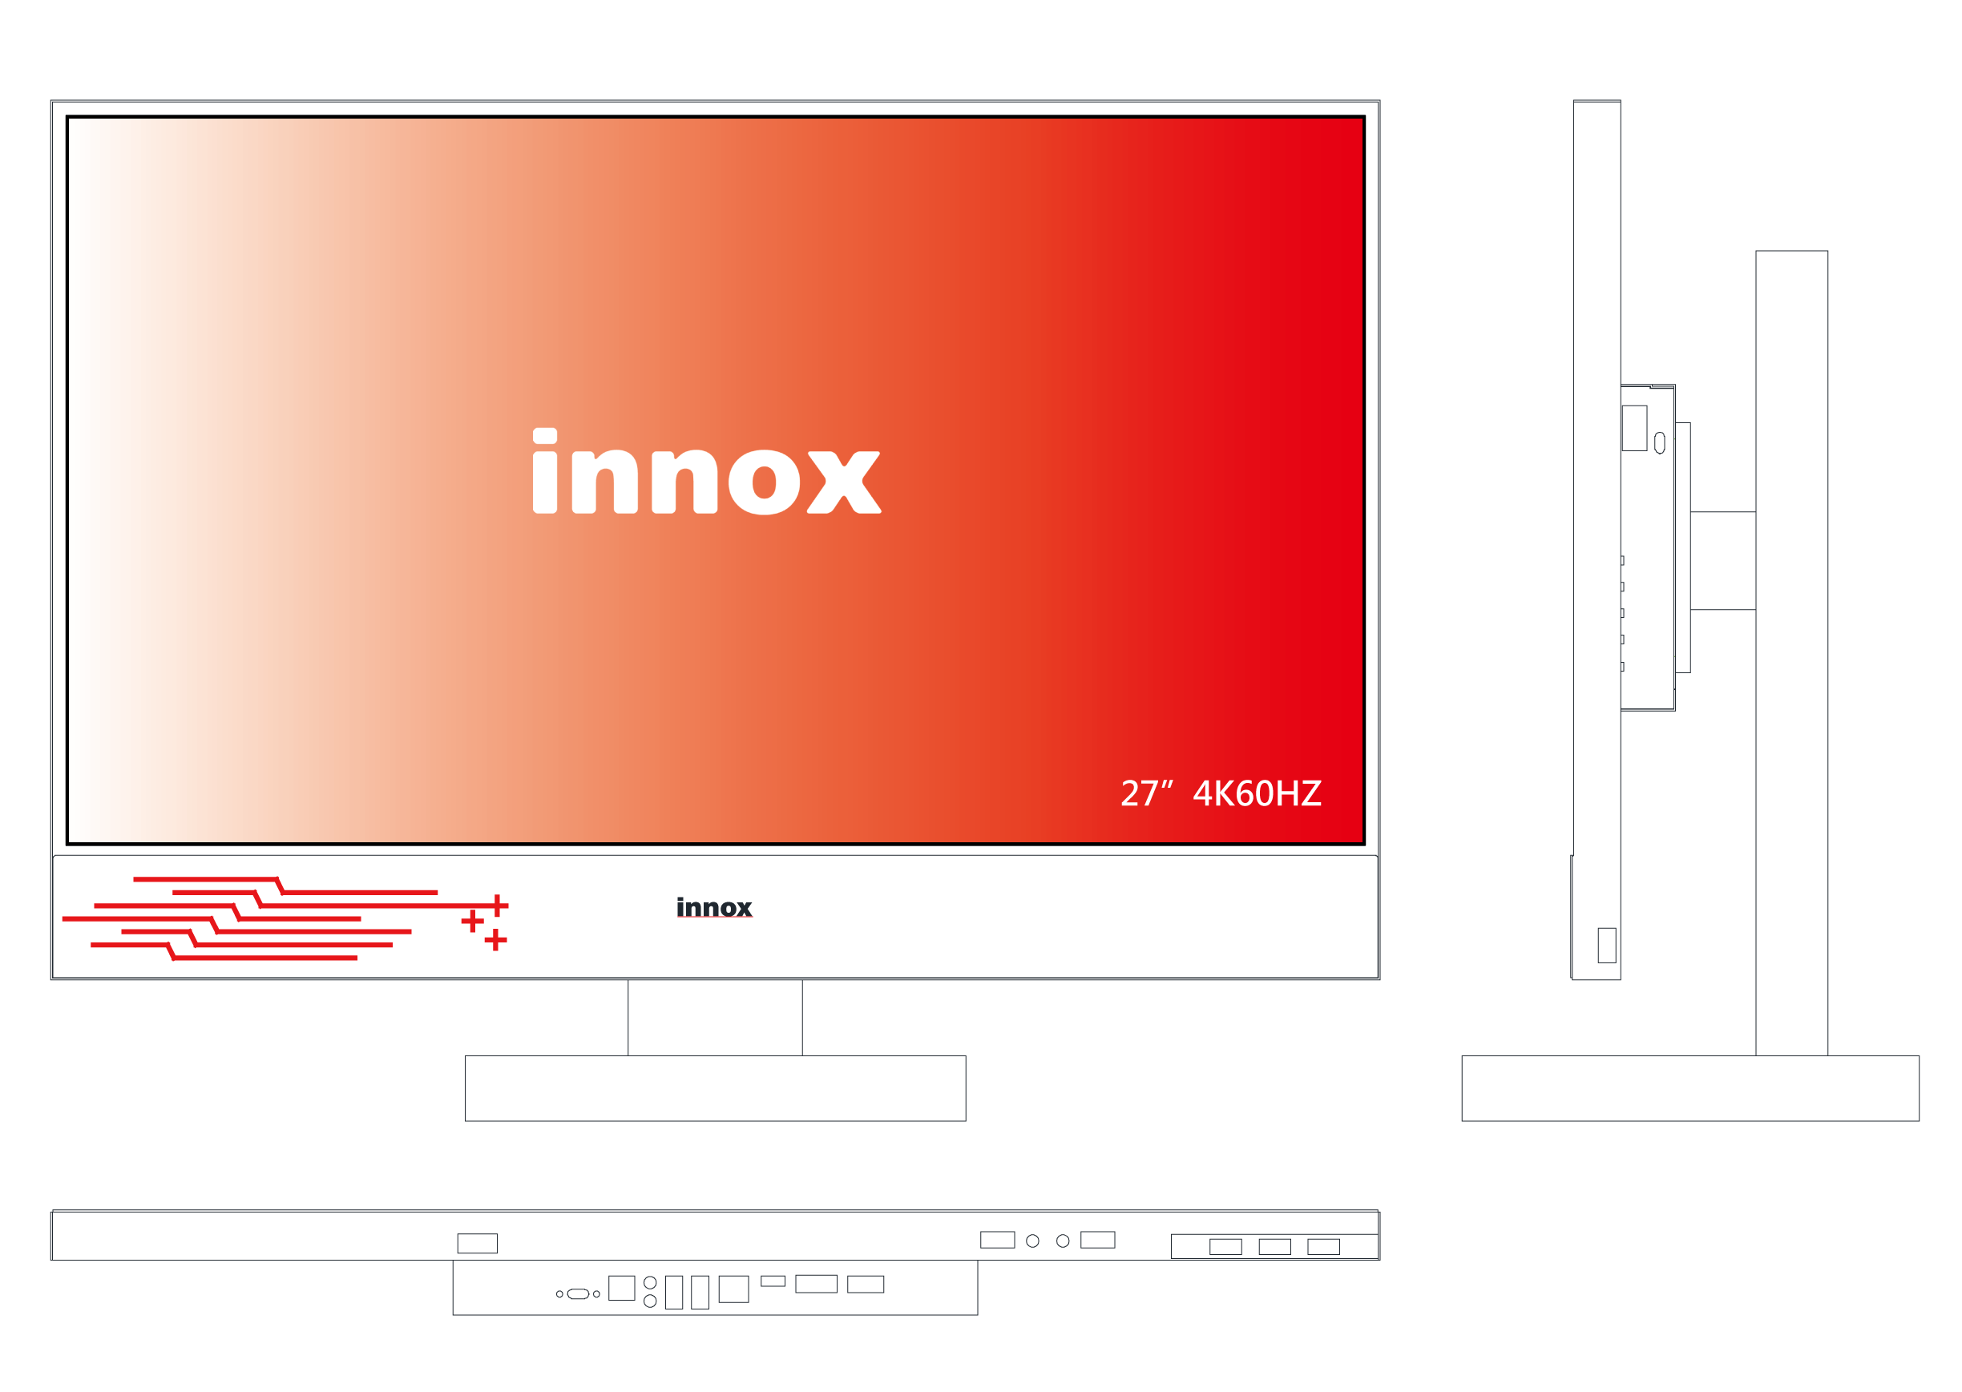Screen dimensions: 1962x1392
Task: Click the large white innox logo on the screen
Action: tap(706, 470)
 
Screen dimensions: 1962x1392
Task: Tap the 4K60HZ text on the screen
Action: tap(1257, 793)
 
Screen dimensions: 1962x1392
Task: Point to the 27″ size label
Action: tap(1146, 793)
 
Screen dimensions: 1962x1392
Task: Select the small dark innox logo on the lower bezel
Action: tap(714, 907)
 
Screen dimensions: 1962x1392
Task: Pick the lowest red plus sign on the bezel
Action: tap(495, 939)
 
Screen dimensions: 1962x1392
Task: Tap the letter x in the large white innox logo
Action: tap(844, 482)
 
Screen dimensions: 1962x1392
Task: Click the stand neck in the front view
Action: tap(715, 1018)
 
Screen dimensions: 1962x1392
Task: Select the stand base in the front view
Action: tap(715, 1088)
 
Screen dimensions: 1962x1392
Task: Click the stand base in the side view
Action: tap(1690, 1088)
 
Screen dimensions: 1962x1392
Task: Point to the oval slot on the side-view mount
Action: tap(1659, 442)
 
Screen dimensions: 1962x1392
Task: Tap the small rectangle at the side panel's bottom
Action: tap(1606, 946)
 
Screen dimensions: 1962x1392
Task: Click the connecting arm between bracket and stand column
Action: tap(1723, 561)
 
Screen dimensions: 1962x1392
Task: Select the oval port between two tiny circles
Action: tap(578, 1293)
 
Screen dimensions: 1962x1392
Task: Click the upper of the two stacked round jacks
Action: tap(650, 1283)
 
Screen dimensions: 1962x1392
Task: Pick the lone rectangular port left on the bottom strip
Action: tap(478, 1244)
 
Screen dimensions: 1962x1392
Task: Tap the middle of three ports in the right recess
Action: tap(1274, 1247)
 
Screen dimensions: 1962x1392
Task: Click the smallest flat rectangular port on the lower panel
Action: tap(773, 1281)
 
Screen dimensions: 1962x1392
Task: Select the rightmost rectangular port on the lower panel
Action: tap(866, 1284)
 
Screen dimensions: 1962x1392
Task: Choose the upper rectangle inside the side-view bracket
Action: tap(1633, 428)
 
